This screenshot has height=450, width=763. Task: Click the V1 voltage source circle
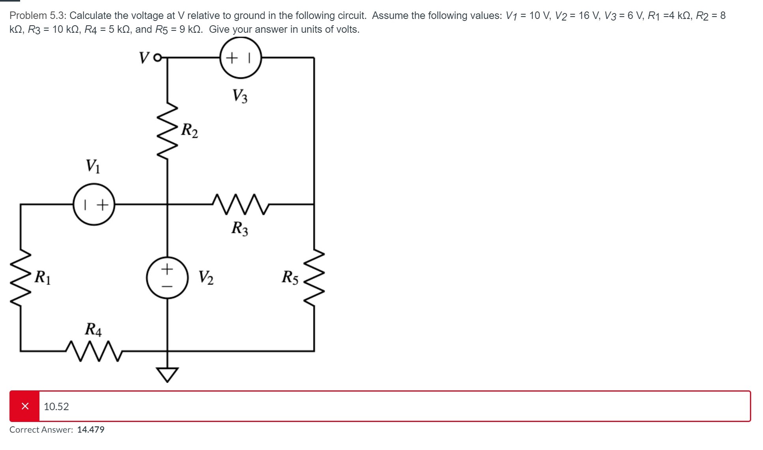coord(94,204)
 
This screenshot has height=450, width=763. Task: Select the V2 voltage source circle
coord(167,278)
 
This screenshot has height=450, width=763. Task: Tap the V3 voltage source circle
coord(241,58)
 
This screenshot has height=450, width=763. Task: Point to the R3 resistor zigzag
coord(241,204)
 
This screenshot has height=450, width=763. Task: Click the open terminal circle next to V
coord(157,58)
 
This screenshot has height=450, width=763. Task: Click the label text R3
coord(240,229)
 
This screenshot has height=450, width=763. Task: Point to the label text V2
coord(206,277)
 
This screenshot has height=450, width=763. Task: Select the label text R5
coord(290,277)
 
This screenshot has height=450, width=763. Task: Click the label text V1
coord(93,166)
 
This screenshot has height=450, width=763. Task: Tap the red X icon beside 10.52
coord(25,406)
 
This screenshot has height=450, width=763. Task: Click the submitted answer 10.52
coord(56,407)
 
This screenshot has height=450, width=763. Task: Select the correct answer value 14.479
coord(91,429)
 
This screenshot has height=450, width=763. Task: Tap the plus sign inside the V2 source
coord(167,269)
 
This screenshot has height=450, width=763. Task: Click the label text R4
coord(94,329)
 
